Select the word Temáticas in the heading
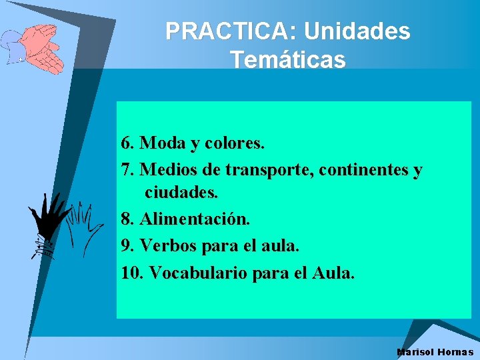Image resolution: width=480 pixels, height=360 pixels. pos(288,60)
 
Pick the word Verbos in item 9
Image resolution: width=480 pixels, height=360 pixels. pos(169,245)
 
